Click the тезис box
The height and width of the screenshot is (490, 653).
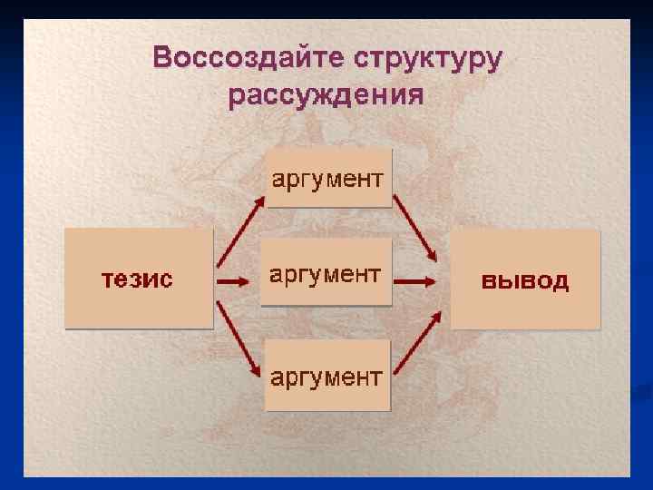coord(138,278)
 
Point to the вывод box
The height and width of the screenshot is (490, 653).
coord(525,279)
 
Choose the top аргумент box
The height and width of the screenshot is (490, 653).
coord(328,178)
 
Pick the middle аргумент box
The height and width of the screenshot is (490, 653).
coord(326,273)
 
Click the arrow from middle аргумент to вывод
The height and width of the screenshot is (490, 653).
coord(416,282)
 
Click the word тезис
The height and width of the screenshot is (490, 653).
coord(137,279)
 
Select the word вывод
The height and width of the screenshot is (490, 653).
coord(525,279)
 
